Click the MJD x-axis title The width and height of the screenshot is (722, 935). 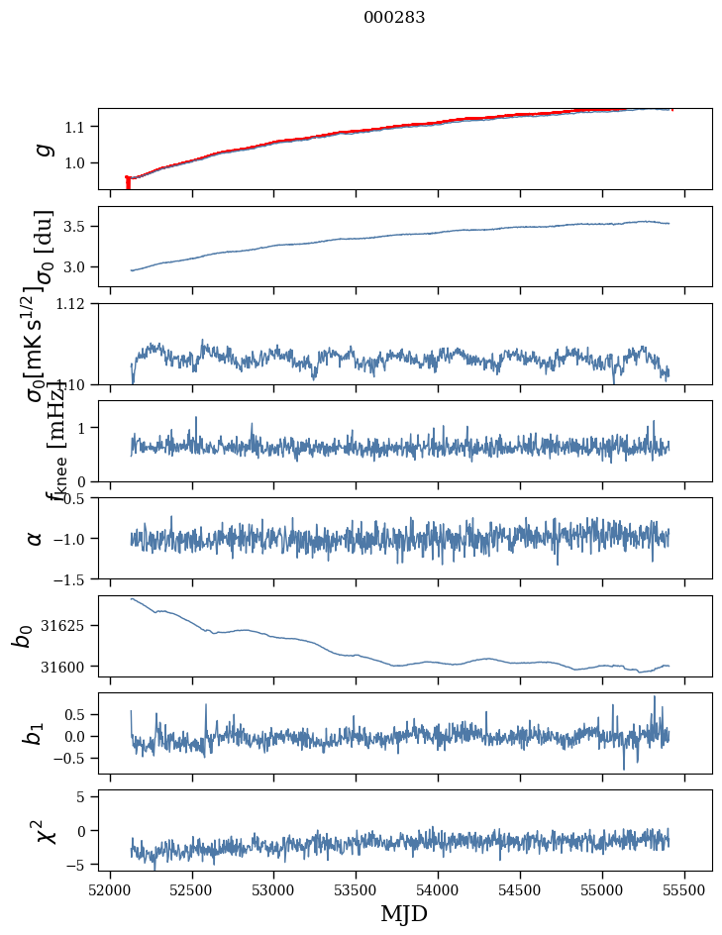tap(404, 913)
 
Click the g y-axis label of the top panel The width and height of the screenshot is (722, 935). tap(43, 149)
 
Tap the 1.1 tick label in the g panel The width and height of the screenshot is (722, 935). tap(76, 127)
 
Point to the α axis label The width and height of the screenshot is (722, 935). tap(36, 538)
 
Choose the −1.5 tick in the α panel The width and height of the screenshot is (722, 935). tap(68, 578)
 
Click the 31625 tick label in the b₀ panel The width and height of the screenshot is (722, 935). tap(64, 626)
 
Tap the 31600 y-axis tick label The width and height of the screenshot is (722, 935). tap(64, 667)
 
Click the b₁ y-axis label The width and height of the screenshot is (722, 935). tap(35, 733)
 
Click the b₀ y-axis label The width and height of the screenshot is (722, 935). tap(22, 636)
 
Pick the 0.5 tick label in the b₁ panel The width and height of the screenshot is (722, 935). tap(76, 714)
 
